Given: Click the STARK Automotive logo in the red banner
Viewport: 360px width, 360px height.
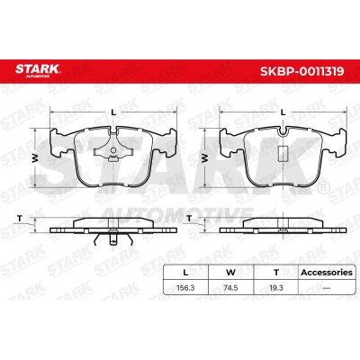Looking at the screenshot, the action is click(38, 71).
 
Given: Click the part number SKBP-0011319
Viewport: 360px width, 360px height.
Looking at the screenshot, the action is click(302, 71).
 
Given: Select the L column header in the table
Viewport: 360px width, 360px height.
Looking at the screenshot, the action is click(185, 273).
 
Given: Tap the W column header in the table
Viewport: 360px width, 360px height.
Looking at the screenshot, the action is click(230, 273).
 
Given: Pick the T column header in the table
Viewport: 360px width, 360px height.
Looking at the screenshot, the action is click(276, 273).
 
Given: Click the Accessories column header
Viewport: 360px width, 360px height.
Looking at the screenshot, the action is click(327, 273).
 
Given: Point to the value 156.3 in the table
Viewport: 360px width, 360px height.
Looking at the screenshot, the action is click(185, 288).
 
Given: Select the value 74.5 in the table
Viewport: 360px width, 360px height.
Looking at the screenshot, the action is click(230, 288).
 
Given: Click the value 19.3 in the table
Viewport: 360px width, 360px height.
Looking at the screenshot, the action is click(276, 288).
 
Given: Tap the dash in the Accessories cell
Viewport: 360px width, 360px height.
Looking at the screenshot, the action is click(327, 288).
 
